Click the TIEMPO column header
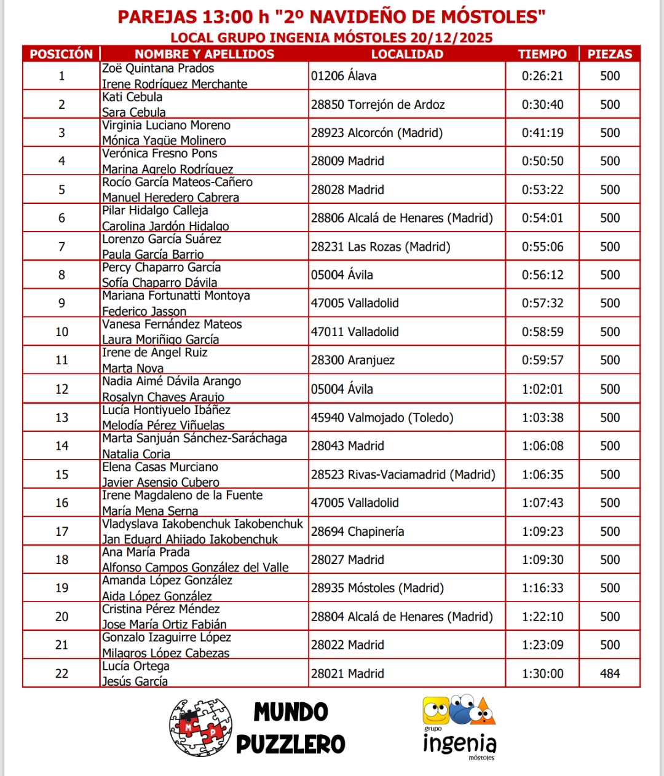click(x=542, y=54)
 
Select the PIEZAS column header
click(x=609, y=54)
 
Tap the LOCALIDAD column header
click(x=407, y=54)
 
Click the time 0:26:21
click(x=542, y=76)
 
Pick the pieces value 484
click(x=610, y=673)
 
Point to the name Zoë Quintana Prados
click(x=158, y=68)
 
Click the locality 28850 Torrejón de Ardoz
click(x=377, y=104)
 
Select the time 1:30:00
click(x=542, y=673)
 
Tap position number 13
click(x=61, y=418)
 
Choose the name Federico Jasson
click(x=144, y=311)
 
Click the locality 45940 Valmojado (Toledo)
click(x=382, y=418)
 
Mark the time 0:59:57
click(x=542, y=360)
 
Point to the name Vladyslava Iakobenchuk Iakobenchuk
click(x=202, y=524)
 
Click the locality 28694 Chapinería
click(x=357, y=531)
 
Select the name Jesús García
click(x=135, y=681)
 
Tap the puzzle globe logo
click(x=200, y=727)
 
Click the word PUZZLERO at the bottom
click(x=291, y=744)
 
